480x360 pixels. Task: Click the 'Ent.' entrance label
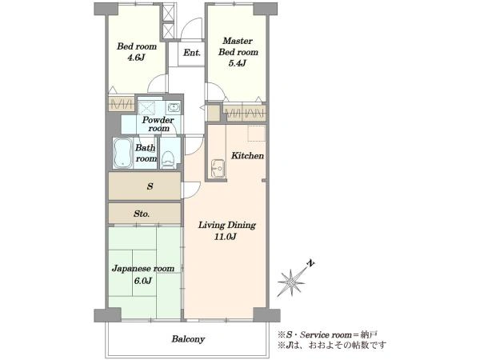192,53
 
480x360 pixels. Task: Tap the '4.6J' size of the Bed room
136,58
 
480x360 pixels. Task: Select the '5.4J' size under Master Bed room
238,63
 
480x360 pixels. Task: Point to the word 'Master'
238,41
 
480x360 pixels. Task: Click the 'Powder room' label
158,124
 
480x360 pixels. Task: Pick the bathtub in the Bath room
122,153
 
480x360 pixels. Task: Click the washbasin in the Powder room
174,107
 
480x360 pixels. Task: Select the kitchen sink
218,168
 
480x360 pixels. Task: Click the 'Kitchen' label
247,156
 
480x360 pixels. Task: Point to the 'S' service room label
150,186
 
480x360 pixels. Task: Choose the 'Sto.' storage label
142,214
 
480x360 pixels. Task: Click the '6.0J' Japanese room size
143,281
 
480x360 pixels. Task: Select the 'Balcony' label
188,339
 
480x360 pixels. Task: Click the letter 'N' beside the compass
311,263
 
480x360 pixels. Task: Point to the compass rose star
291,282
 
